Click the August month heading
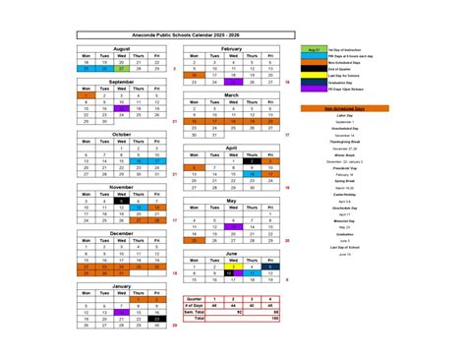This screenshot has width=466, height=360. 122,47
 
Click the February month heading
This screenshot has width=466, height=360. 233,47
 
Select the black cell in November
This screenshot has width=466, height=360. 123,201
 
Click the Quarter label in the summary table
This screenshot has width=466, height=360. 196,297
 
